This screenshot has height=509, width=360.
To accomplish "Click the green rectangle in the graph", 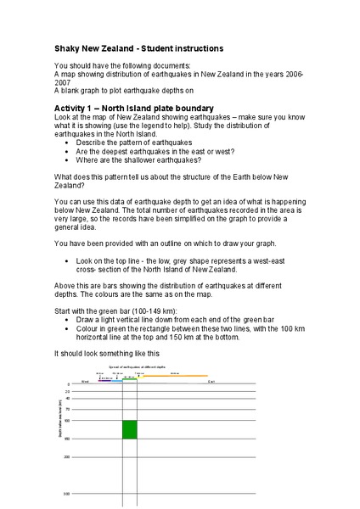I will pyautogui.click(x=129, y=429).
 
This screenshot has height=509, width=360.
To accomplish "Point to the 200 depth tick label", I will pyautogui.click(x=66, y=456).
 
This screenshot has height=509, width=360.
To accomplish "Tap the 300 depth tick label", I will pyautogui.click(x=66, y=493).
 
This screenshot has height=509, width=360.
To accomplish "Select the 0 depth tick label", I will pyautogui.click(x=68, y=384).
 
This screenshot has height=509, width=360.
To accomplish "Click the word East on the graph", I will pyautogui.click(x=211, y=382).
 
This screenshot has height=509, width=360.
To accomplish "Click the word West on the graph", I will pyautogui.click(x=85, y=382).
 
